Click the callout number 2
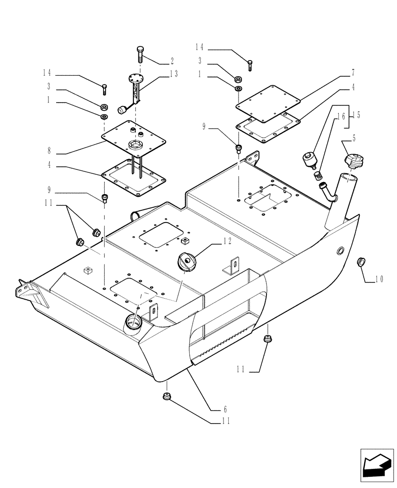[x=172, y=61]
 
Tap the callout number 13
[x=174, y=74]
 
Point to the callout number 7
[x=353, y=73]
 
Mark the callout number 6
[x=225, y=408]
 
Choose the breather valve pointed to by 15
[x=309, y=159]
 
